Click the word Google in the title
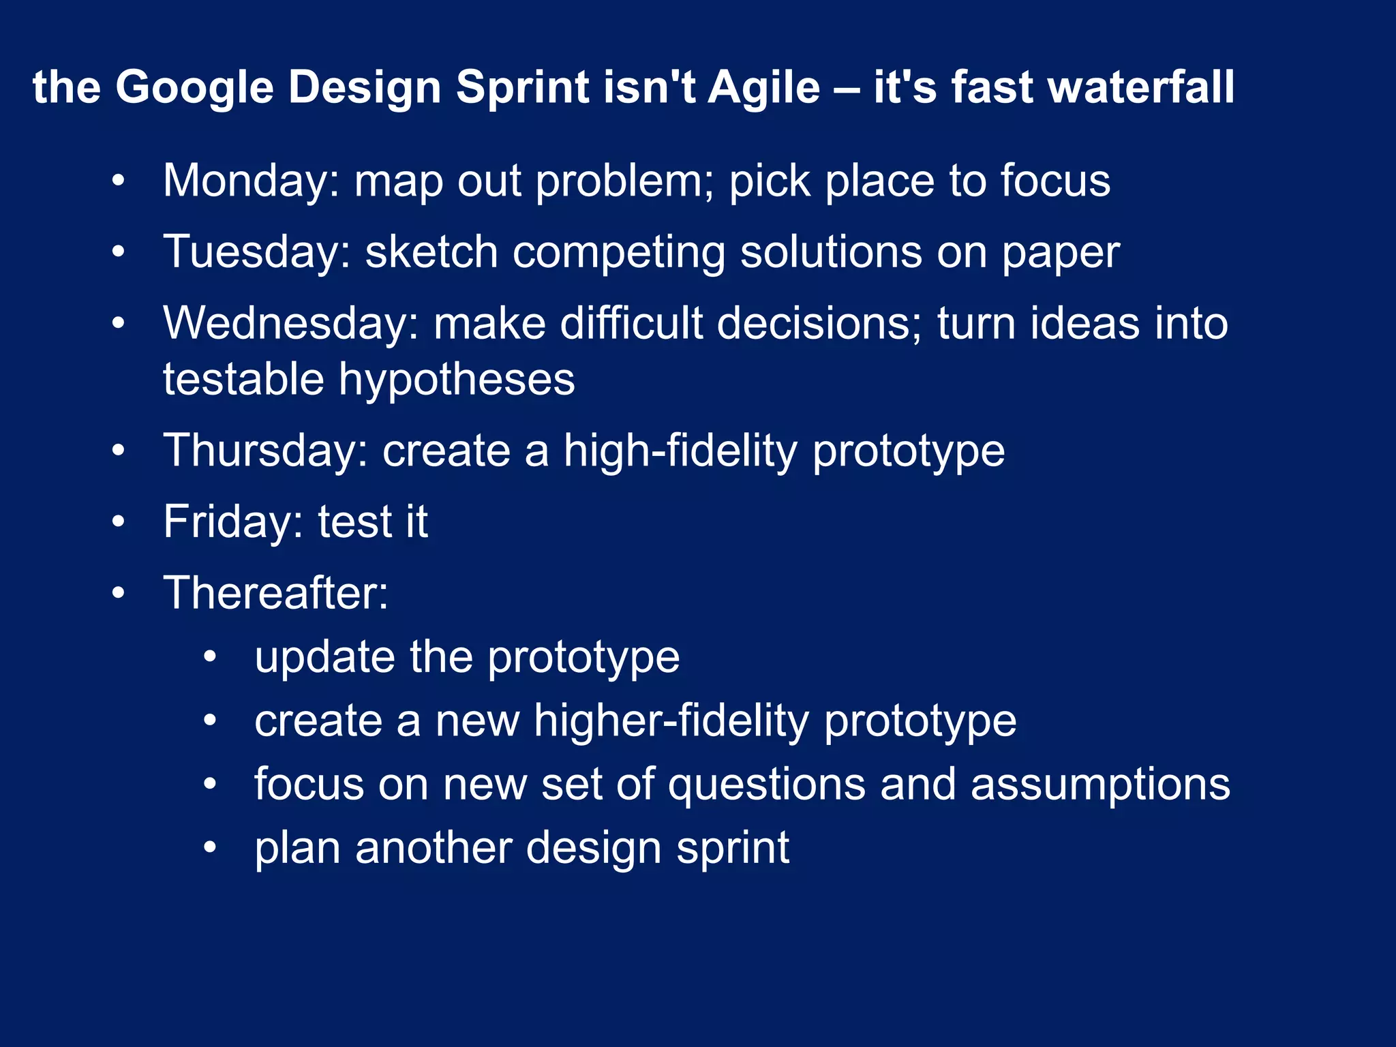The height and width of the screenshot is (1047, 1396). tap(194, 88)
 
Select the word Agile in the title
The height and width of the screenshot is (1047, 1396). tap(764, 88)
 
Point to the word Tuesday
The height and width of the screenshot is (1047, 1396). tap(256, 252)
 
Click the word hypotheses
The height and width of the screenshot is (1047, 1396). tap(457, 380)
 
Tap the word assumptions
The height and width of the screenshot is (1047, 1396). tap(1100, 785)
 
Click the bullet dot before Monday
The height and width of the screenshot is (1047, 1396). tap(119, 182)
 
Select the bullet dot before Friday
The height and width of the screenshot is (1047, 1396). tap(119, 523)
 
